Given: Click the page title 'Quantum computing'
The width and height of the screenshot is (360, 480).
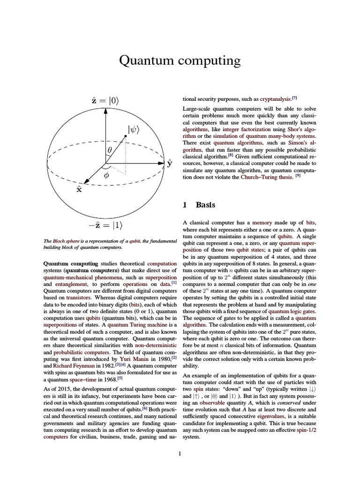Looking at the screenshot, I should click(x=180, y=60).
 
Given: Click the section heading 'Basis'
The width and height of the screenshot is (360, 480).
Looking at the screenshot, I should click(x=206, y=204).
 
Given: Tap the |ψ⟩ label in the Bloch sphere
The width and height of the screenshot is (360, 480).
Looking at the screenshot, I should click(x=136, y=128).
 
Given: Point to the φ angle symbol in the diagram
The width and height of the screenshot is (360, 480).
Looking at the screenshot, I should click(x=106, y=175).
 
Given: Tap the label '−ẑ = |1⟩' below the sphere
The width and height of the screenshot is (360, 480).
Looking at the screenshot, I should click(x=105, y=225).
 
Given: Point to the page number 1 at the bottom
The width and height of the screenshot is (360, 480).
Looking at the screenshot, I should click(x=180, y=453).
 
